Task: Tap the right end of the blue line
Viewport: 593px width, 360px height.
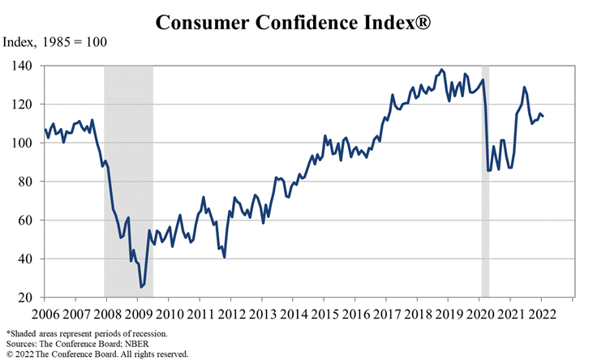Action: tap(543, 116)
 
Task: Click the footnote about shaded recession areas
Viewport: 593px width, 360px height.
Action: tap(87, 333)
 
